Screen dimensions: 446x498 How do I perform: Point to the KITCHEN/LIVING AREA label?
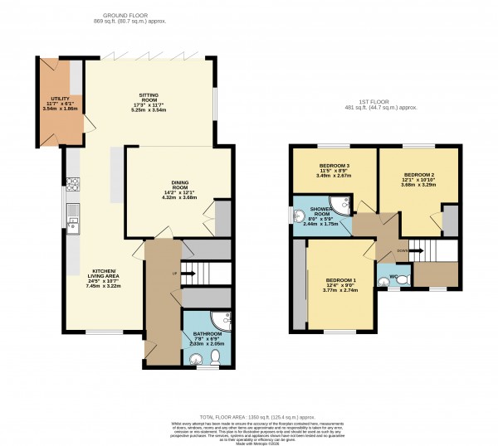(107, 276)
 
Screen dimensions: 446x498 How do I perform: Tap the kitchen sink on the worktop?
(72, 220)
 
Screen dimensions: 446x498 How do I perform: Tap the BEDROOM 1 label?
(340, 284)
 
